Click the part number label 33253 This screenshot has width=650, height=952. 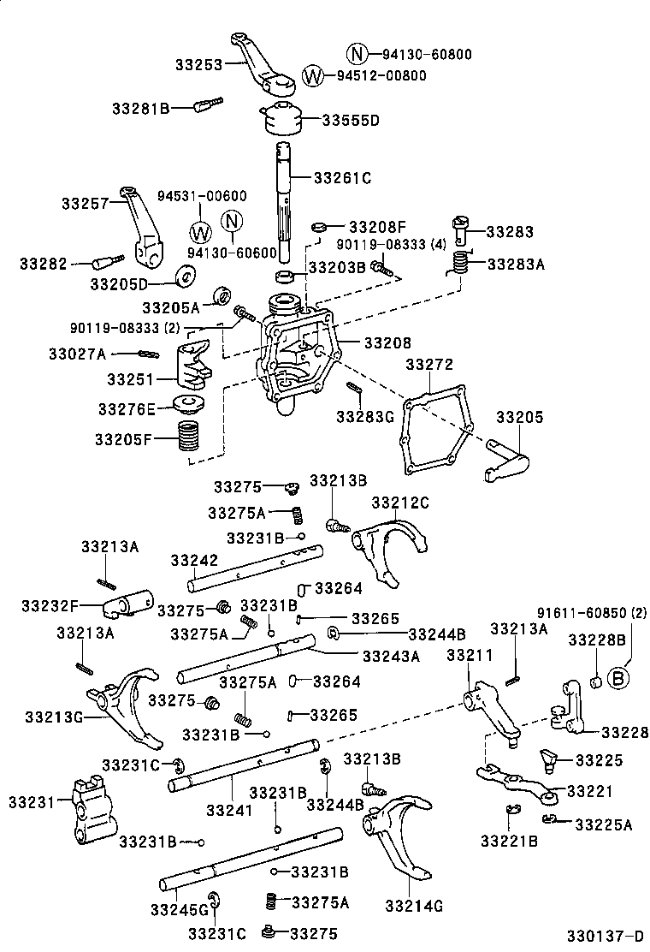click(198, 63)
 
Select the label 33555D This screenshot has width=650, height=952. click(351, 120)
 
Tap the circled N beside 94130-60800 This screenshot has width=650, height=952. click(357, 54)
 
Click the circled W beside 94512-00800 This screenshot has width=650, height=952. click(314, 75)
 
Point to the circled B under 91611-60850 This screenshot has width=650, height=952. click(616, 678)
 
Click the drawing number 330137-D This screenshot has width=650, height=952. click(604, 936)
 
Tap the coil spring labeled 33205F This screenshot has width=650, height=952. click(188, 438)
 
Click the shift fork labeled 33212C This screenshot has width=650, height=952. click(389, 548)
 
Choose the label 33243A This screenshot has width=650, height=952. click(391, 657)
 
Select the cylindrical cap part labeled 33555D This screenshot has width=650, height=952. click(282, 118)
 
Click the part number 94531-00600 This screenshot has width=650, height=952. click(202, 196)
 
